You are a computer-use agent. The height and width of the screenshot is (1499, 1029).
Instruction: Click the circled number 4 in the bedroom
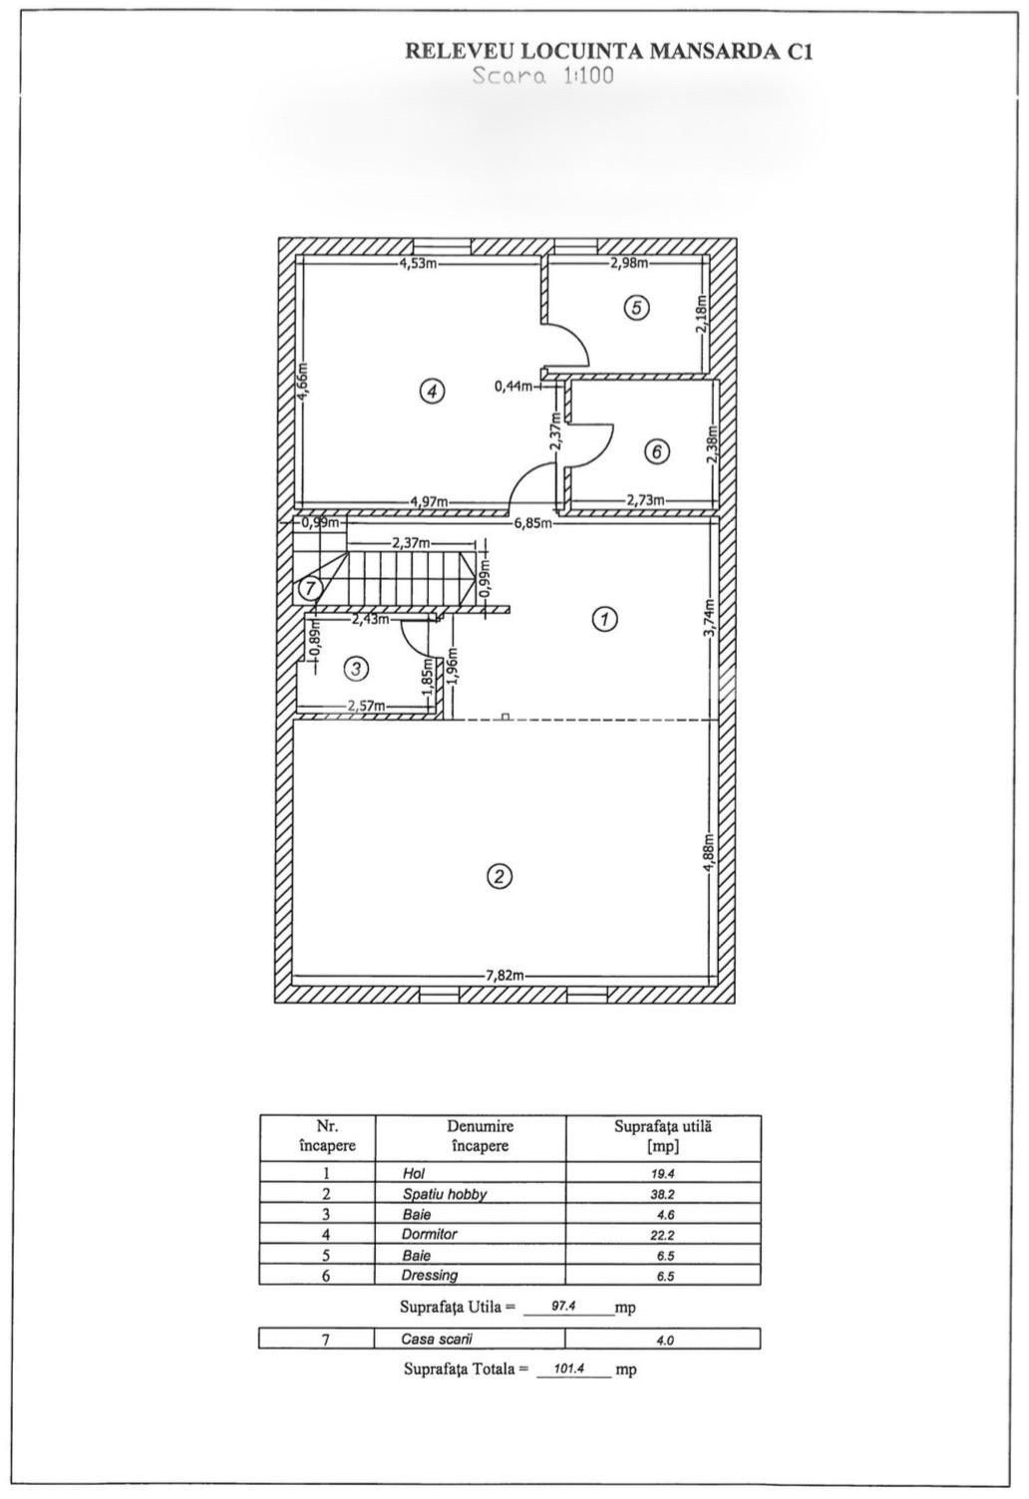[x=431, y=392]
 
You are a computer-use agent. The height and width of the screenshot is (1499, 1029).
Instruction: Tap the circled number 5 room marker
[x=637, y=308]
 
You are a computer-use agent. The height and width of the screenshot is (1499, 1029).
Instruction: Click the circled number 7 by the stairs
[x=310, y=589]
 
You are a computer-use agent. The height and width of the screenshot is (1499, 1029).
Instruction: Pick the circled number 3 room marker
[x=356, y=668]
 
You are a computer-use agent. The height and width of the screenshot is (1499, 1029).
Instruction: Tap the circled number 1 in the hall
[x=604, y=619]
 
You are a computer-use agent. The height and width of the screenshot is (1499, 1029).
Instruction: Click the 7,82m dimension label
[x=505, y=975]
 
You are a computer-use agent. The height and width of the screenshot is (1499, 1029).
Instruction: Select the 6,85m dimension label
[x=533, y=522]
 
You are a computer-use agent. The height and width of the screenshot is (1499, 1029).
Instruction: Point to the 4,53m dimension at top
[x=419, y=263]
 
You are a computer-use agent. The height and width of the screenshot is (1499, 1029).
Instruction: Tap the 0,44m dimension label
[x=514, y=386]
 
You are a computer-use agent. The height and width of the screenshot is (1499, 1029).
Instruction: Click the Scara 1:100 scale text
[x=543, y=76]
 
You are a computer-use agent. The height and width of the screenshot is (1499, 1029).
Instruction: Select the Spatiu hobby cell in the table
[x=444, y=1194]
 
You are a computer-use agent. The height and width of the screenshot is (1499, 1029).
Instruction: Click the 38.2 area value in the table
[x=663, y=1194]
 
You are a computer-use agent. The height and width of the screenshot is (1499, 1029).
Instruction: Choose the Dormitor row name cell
[x=430, y=1234]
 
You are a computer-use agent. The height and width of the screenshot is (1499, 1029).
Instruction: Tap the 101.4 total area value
[x=572, y=1369]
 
